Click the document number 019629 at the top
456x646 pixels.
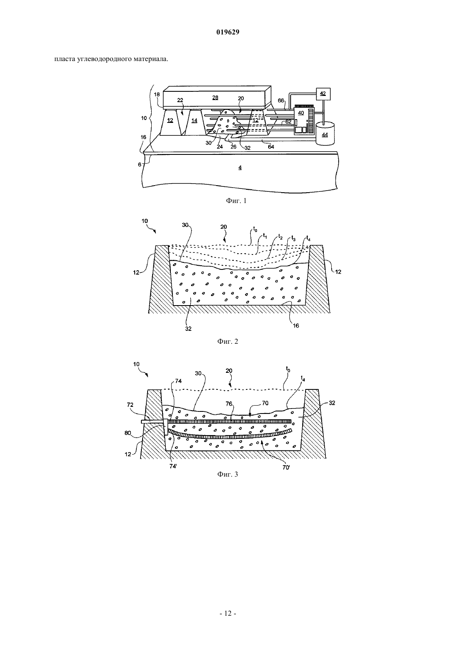coord(228,32)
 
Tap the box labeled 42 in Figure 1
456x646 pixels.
coord(323,94)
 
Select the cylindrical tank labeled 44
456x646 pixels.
coord(325,133)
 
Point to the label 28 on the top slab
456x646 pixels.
coord(215,98)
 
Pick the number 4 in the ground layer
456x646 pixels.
coord(240,168)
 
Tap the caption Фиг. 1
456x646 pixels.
coord(236,201)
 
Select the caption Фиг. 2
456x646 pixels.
coord(228,341)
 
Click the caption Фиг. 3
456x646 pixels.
coord(228,474)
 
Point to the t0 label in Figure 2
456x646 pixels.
coord(255,230)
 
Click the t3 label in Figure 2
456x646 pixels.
coord(293,238)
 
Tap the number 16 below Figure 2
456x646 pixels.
coord(296,325)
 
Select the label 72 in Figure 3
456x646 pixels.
coord(130,405)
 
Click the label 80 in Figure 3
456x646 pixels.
coord(128,433)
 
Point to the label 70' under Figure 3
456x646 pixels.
coord(286,467)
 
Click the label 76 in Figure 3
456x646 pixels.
coord(229,404)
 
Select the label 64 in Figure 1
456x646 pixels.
coord(271,147)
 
